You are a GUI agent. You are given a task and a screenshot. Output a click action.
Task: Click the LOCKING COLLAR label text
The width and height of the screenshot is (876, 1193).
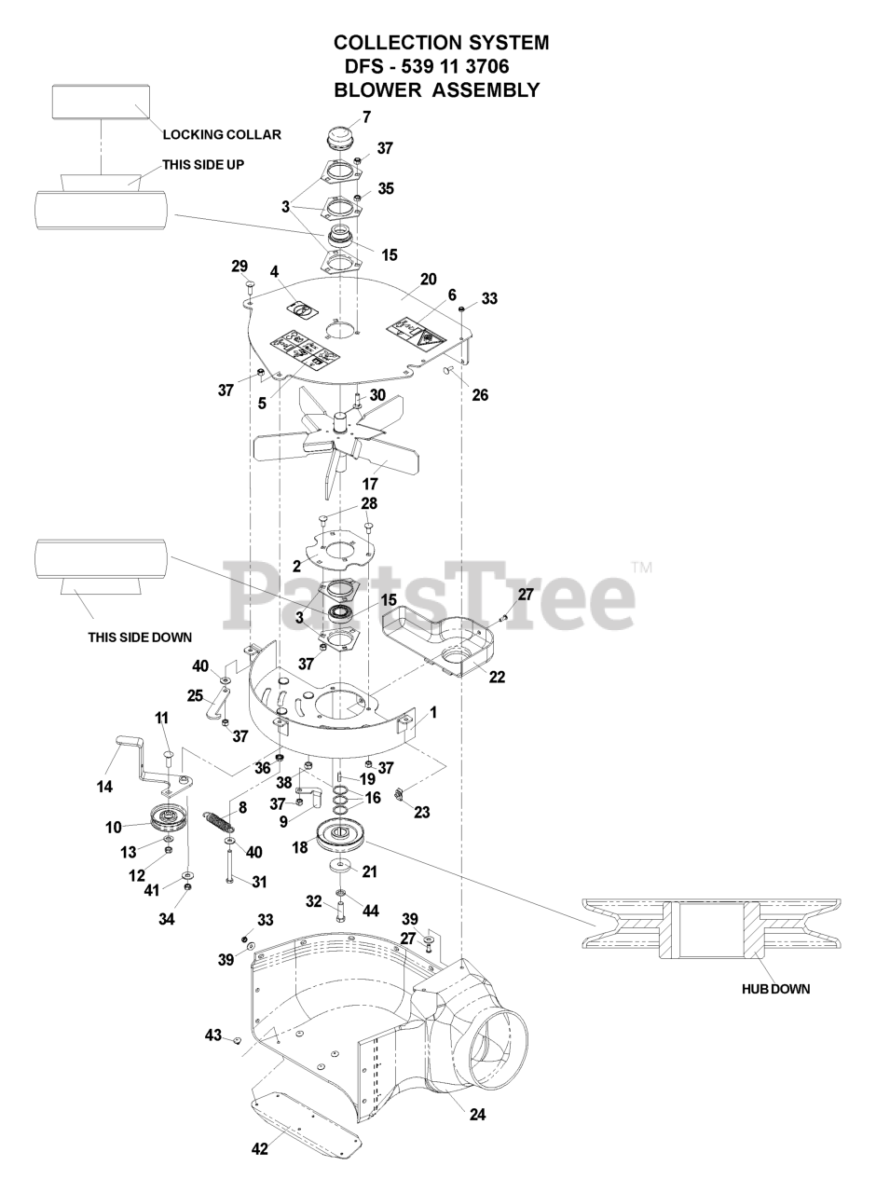point(222,135)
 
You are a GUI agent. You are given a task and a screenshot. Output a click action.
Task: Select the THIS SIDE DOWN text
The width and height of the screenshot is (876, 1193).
point(140,638)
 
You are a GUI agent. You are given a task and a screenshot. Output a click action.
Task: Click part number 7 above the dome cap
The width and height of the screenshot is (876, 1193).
point(366,117)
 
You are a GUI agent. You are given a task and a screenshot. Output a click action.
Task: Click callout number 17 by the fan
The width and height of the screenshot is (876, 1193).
point(369,485)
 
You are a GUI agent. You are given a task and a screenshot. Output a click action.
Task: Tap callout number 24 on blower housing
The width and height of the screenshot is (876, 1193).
point(478,1113)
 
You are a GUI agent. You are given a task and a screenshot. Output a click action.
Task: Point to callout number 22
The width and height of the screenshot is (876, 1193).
point(498,678)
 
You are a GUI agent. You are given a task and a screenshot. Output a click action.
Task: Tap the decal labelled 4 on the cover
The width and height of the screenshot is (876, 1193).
point(302,308)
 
